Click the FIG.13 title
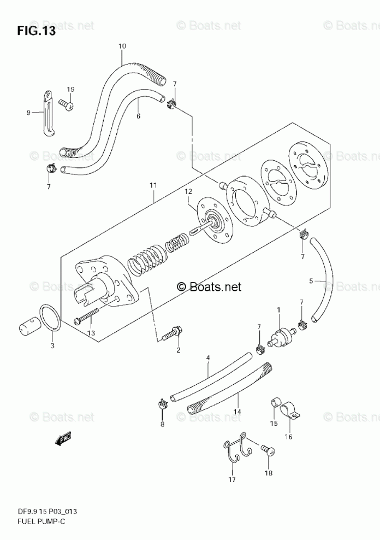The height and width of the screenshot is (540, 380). [35, 31]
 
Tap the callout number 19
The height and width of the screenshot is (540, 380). [70, 89]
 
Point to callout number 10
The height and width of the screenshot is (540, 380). [122, 46]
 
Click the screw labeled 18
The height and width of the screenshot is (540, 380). [267, 449]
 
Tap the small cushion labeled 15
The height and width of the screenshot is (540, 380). [276, 404]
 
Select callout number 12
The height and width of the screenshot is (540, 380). [188, 192]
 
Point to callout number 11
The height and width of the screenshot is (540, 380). [153, 186]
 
